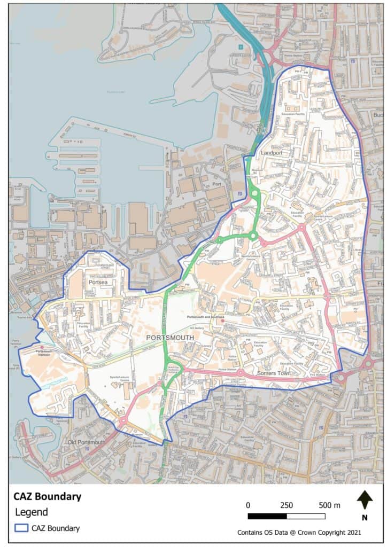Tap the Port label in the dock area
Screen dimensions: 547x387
[x=217, y=184]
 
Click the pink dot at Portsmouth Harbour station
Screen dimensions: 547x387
[x=42, y=347]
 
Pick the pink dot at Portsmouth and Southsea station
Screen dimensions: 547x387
[x=223, y=321]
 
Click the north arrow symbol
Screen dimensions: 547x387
[x=365, y=501]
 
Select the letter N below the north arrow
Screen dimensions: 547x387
[x=365, y=517]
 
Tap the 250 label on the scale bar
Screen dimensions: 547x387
[x=287, y=505]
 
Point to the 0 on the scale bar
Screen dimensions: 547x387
[x=248, y=505]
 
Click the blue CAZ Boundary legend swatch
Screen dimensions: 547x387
[x=21, y=528]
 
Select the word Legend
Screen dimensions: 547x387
[x=30, y=512]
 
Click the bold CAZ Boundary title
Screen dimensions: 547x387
[x=48, y=496]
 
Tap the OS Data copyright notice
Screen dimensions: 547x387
[x=299, y=533]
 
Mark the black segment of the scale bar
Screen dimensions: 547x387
[x=267, y=516]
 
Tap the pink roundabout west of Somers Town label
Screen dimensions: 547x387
[x=241, y=372]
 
